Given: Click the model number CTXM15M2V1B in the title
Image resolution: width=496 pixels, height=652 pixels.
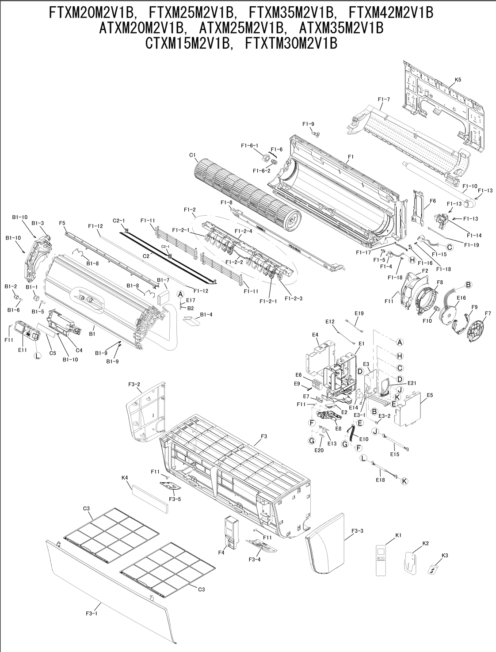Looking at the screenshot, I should (189, 43).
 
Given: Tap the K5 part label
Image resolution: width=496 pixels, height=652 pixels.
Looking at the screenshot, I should (458, 80).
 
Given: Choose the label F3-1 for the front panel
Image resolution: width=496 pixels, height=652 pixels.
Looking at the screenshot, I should (92, 613).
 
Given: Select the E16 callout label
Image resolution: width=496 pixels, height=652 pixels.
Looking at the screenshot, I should (461, 298).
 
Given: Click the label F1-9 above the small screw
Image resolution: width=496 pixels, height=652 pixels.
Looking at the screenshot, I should (308, 124).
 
